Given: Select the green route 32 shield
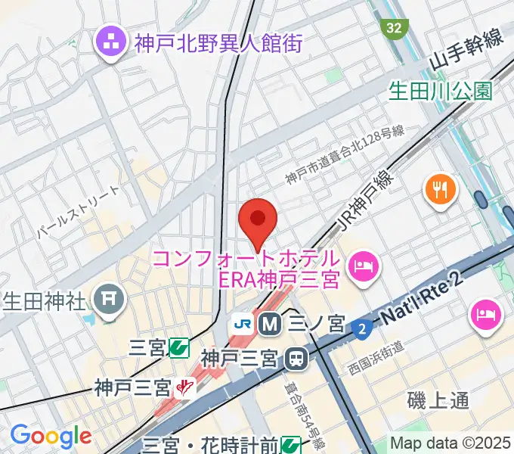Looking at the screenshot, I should coord(393,29).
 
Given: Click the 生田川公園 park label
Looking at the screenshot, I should coord(440,92).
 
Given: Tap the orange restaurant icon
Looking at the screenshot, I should coord(438,188).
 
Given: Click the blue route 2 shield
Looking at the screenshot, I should coord(362,328).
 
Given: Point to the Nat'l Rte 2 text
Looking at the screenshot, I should coord(426,300).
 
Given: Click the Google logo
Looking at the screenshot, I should coord(50,436).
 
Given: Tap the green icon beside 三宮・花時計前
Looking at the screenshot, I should coord(291,445).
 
